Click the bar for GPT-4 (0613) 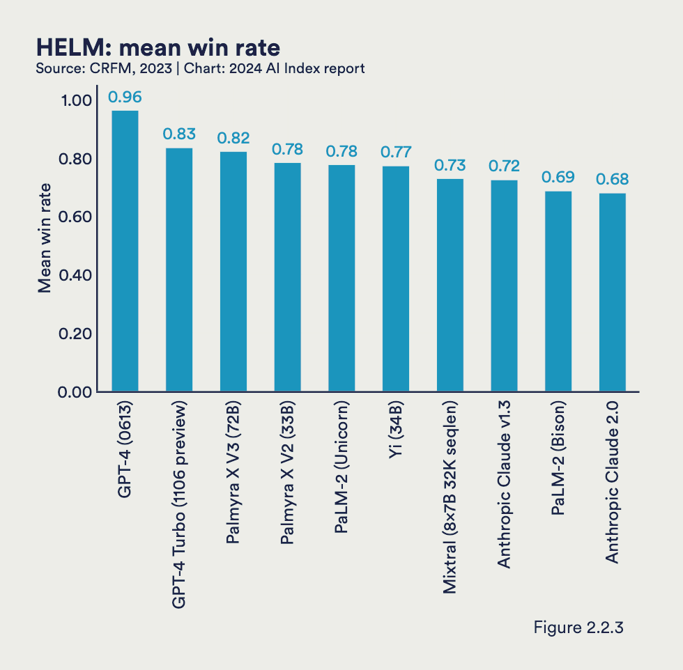click(x=125, y=251)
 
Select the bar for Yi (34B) click(x=396, y=279)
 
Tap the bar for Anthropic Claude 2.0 click(x=613, y=293)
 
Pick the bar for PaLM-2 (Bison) click(x=558, y=291)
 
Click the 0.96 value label click(x=125, y=96)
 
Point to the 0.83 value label click(x=179, y=134)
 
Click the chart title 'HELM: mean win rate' click(x=158, y=47)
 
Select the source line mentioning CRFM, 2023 click(x=200, y=68)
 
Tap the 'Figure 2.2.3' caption click(x=578, y=627)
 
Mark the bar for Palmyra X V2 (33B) click(x=287, y=277)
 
